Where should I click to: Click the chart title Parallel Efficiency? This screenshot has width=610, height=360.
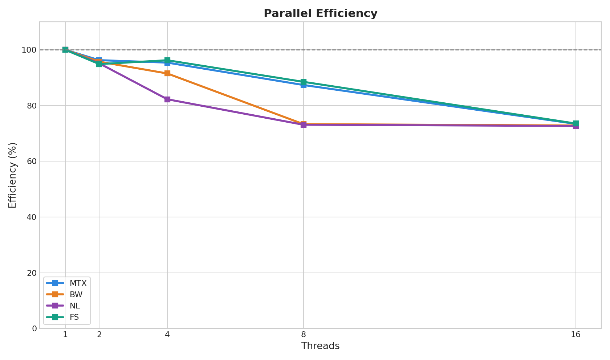[320, 13]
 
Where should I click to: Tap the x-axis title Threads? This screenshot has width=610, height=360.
[320, 346]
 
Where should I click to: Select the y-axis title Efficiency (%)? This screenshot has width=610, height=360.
[13, 175]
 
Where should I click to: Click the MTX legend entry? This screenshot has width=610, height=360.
[78, 283]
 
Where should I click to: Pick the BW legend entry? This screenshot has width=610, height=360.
[76, 295]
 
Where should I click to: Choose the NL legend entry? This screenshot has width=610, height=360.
[74, 306]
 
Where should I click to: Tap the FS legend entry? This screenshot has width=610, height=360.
[74, 317]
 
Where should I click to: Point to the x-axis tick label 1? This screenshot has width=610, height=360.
[65, 335]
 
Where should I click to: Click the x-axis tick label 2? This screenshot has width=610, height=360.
[99, 335]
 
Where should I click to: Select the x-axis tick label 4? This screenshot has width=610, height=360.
[167, 335]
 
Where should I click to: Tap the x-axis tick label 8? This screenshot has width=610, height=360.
[304, 335]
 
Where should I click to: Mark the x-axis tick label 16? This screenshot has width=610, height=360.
[576, 335]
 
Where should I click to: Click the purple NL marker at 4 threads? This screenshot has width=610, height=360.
[167, 99]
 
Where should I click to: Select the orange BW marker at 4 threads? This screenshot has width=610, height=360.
[167, 73]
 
